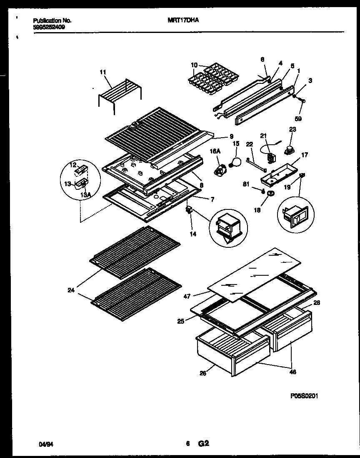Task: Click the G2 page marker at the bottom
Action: tap(204, 444)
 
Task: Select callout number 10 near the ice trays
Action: tap(194, 65)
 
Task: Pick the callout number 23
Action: tap(292, 129)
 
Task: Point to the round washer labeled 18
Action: tap(270, 194)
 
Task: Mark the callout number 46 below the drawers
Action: tap(292, 372)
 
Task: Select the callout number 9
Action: tap(231, 136)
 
